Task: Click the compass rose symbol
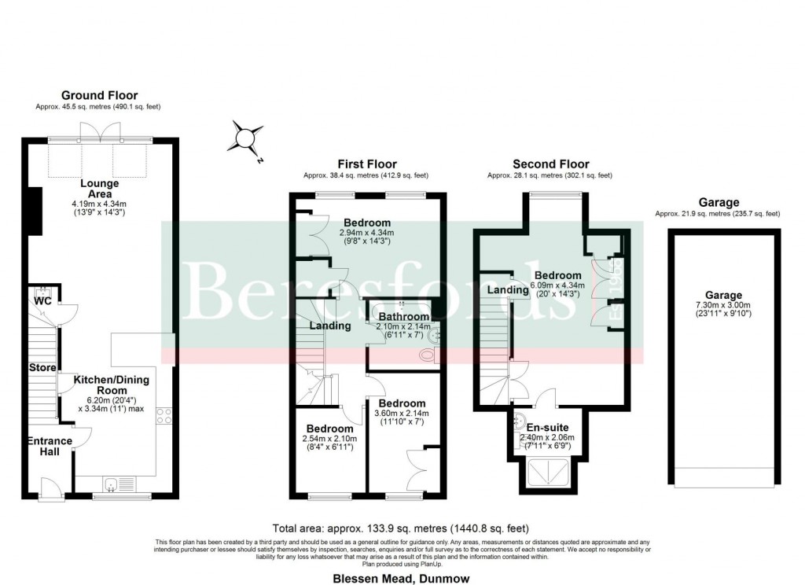[x=247, y=140]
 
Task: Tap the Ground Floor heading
[x=99, y=96]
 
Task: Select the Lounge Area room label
[x=100, y=189]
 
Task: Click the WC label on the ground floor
[x=42, y=300]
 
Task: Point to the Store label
[x=42, y=368]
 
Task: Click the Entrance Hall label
[x=50, y=447]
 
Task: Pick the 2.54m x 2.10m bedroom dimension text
[x=329, y=438]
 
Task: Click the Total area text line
[x=401, y=528]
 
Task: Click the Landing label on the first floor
[x=329, y=326]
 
